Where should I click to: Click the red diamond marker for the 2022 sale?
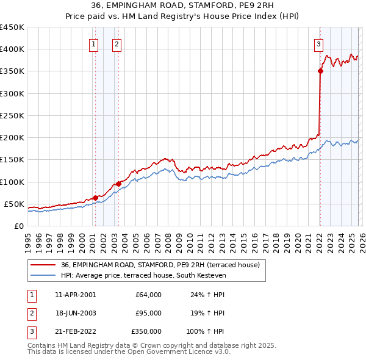coord(320,71)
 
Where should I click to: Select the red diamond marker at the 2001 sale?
coord(95,198)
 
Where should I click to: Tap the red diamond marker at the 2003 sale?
coord(118,184)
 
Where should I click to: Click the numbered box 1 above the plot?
coord(94,44)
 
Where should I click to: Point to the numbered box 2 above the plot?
coord(117,44)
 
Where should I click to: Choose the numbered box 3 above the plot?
coord(318,44)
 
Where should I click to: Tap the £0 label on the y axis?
coord(18,226)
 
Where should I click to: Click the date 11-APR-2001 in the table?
coord(75,295)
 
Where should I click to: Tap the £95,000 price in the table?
coord(148,313)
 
